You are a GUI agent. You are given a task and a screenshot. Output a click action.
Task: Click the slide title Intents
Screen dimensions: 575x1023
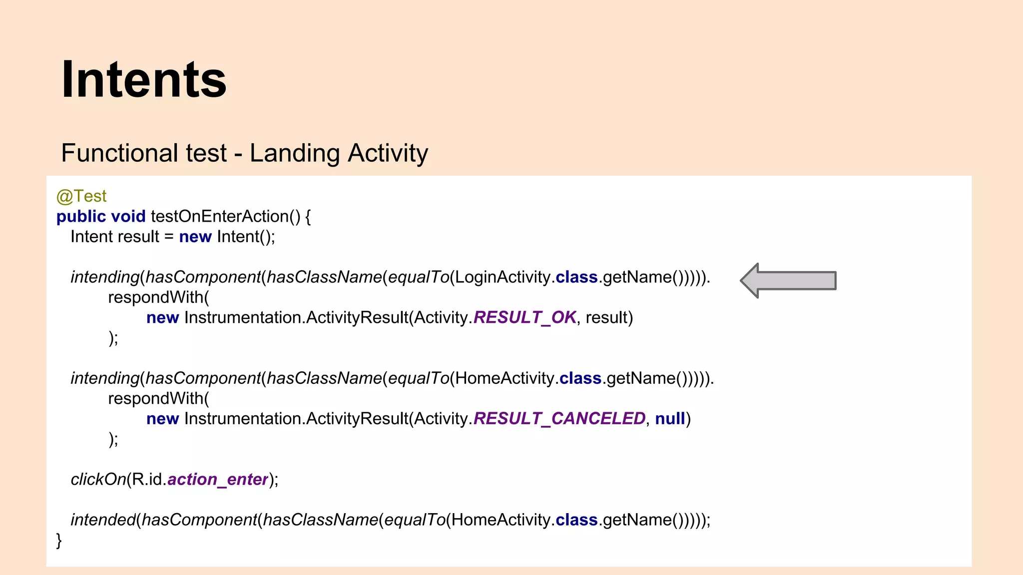144,80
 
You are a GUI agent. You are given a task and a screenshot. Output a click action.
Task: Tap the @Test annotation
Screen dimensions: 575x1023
81,196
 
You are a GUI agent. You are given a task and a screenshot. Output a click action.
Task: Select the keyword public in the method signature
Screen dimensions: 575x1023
81,217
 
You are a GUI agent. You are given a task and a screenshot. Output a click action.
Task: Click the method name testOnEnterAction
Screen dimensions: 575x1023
220,217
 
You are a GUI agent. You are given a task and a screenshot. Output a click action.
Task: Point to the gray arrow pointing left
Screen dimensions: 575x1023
788,281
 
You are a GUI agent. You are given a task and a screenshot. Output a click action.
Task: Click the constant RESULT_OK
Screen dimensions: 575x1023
524,317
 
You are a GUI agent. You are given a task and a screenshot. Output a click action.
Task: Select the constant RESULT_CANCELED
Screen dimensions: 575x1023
559,418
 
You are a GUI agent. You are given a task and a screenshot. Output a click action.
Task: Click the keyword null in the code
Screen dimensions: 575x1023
670,418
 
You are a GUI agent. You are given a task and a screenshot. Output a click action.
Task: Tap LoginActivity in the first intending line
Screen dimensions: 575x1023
503,277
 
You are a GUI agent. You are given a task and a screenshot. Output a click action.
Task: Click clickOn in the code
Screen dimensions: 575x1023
98,479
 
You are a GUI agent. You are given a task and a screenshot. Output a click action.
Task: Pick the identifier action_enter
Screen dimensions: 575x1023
218,479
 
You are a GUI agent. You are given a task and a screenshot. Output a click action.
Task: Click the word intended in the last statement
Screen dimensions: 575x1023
103,520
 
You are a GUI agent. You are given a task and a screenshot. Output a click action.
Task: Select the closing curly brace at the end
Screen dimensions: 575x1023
59,540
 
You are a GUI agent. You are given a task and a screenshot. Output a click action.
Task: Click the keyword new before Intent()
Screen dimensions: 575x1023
195,237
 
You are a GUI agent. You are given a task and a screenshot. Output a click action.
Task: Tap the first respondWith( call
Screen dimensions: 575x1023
158,297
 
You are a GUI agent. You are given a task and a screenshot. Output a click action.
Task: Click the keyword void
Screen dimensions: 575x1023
128,217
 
